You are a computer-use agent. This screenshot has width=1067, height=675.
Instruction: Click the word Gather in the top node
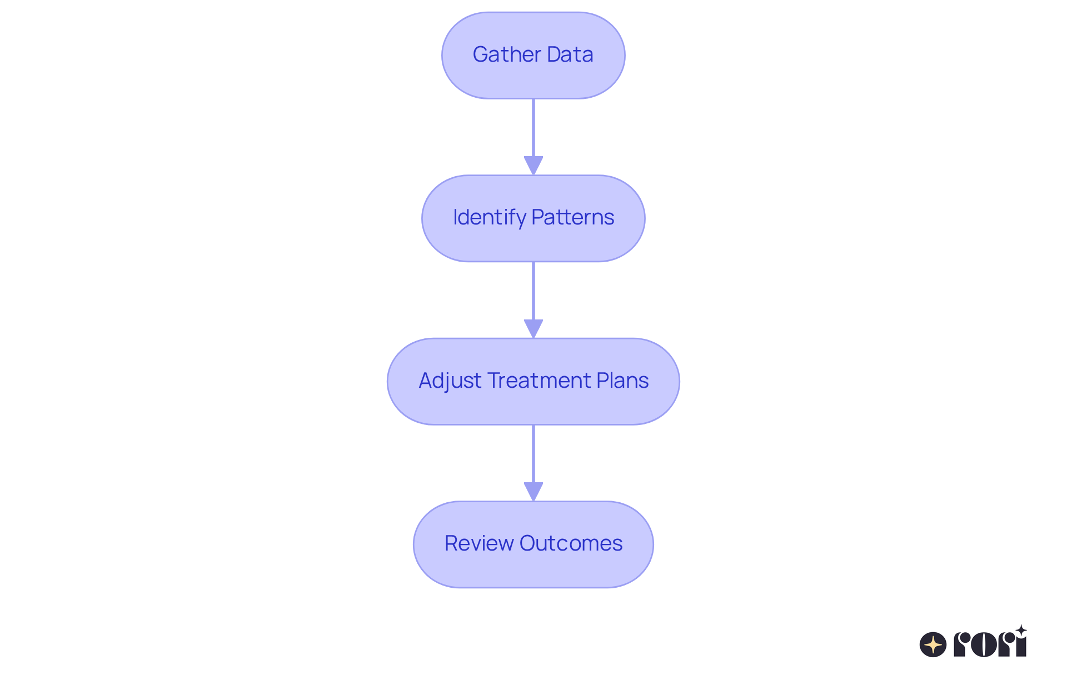[x=506, y=54]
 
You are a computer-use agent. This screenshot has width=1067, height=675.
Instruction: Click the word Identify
[x=489, y=217]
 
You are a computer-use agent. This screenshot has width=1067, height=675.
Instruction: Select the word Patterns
[x=572, y=217]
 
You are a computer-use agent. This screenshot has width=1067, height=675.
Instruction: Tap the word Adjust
[x=450, y=381]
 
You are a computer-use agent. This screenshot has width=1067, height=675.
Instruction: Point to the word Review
[x=479, y=543]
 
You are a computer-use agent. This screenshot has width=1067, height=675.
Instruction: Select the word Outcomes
[x=571, y=543]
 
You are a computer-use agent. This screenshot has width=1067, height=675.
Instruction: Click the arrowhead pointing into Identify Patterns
[x=533, y=165]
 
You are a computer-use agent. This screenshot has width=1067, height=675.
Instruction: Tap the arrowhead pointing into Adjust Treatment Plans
[x=533, y=328]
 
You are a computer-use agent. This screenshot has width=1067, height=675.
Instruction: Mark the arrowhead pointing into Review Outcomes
[x=533, y=491]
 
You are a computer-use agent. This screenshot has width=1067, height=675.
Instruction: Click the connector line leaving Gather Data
[x=533, y=128]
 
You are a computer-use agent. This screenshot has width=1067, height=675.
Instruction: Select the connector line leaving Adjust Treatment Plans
[x=533, y=453]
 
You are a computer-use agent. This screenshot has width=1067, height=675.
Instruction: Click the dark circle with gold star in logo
[x=933, y=644]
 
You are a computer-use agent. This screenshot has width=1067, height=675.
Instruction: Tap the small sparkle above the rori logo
[x=1021, y=631]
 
